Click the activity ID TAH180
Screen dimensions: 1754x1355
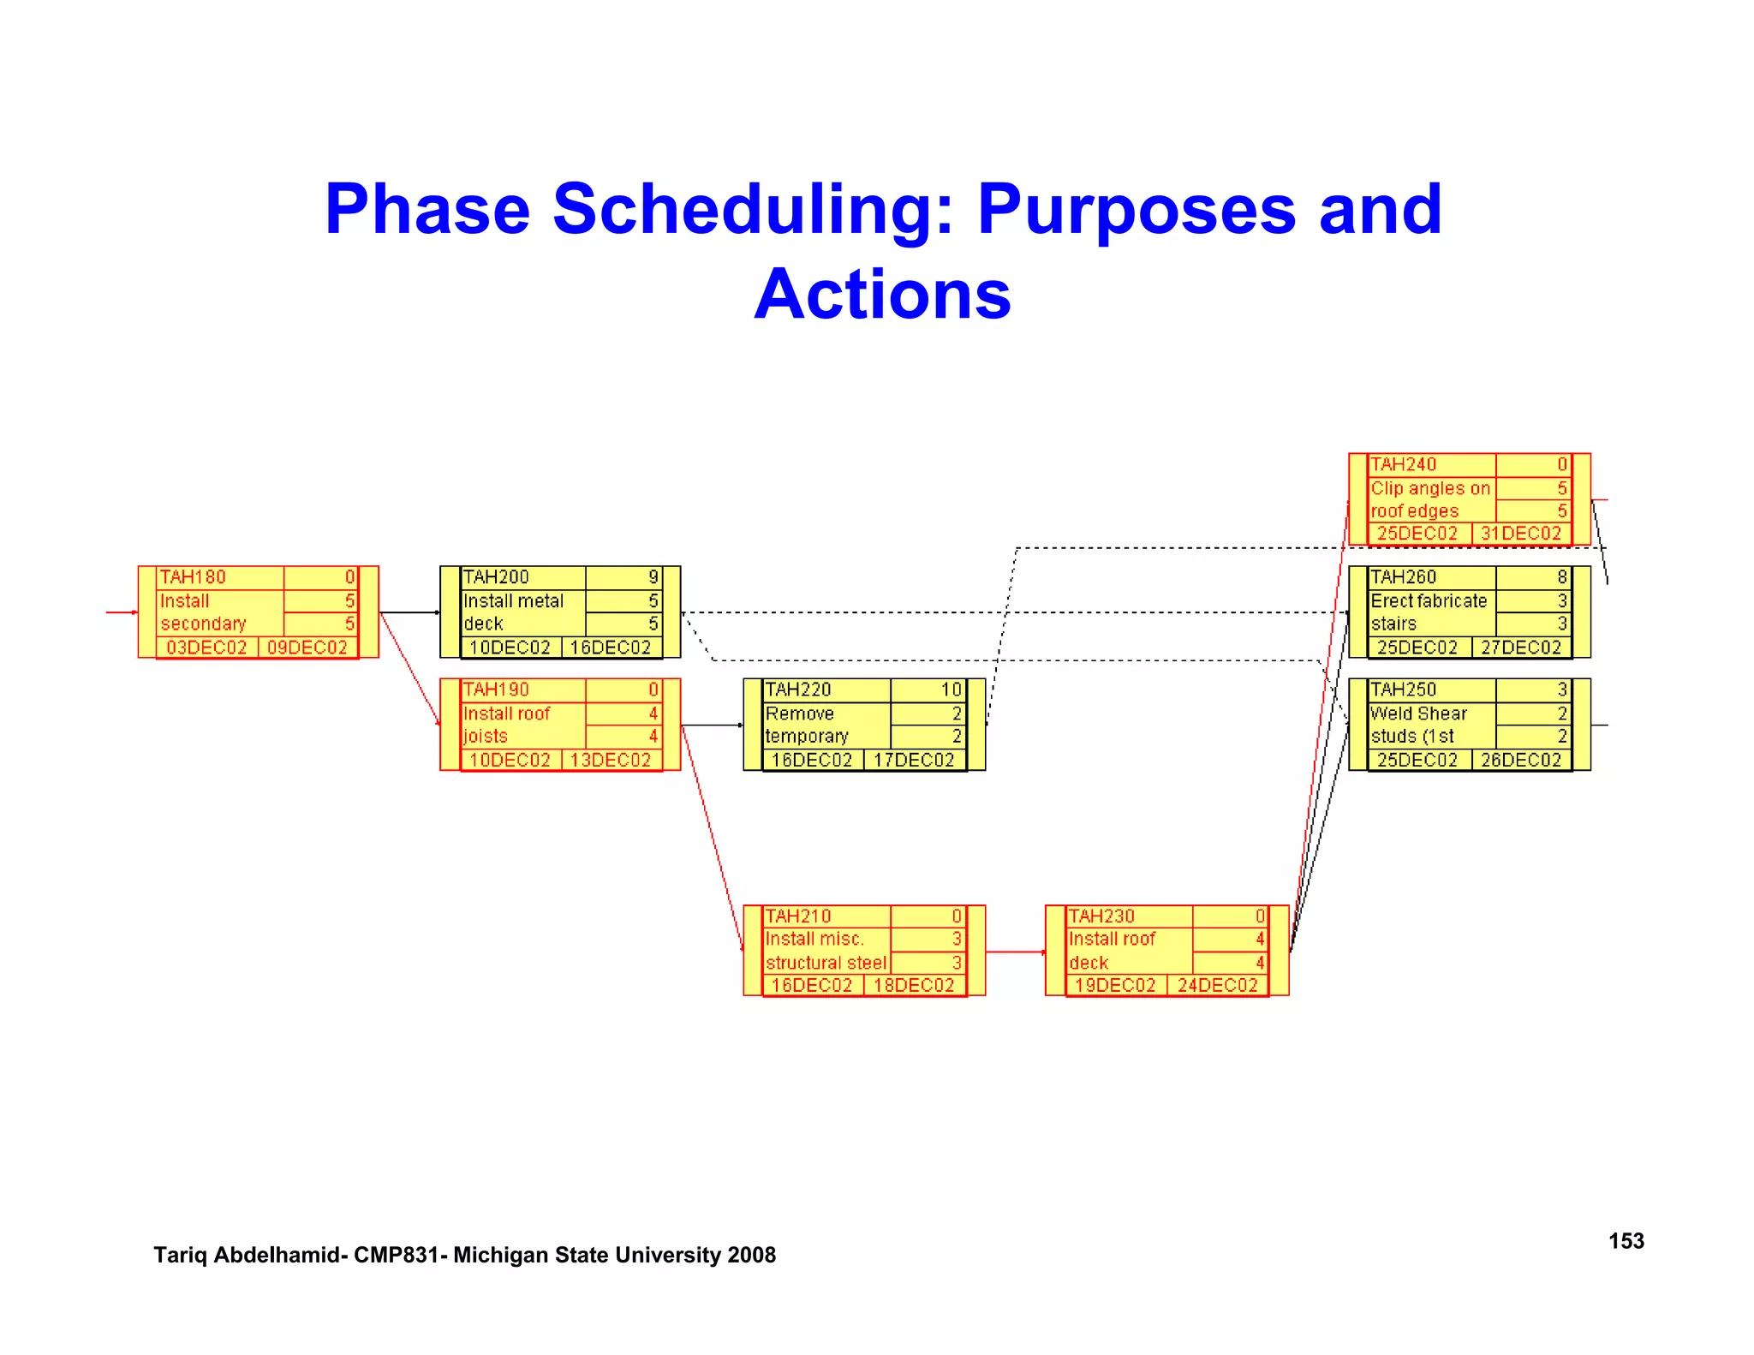click(193, 577)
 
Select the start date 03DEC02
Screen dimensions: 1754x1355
click(206, 648)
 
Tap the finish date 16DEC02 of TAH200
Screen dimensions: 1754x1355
click(611, 648)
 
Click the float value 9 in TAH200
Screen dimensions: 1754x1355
click(653, 577)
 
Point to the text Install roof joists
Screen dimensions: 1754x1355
click(506, 725)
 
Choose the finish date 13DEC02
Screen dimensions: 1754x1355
click(611, 760)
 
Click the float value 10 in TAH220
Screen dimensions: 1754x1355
click(951, 689)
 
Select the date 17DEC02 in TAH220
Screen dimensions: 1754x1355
click(913, 760)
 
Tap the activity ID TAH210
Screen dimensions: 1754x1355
click(798, 916)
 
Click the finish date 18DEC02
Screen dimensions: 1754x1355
click(913, 985)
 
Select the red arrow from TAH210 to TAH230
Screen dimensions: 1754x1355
click(1015, 952)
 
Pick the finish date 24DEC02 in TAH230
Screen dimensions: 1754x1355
click(1217, 985)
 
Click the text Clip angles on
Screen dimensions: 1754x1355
click(1430, 488)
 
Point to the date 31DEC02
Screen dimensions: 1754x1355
click(1521, 533)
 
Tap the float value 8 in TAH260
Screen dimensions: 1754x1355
click(1561, 577)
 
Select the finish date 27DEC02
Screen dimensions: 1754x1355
click(1521, 648)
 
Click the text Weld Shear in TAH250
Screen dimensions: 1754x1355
click(1418, 713)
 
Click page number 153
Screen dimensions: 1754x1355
click(1626, 1241)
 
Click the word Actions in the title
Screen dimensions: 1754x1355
click(882, 294)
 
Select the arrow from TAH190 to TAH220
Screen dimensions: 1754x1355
click(712, 725)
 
